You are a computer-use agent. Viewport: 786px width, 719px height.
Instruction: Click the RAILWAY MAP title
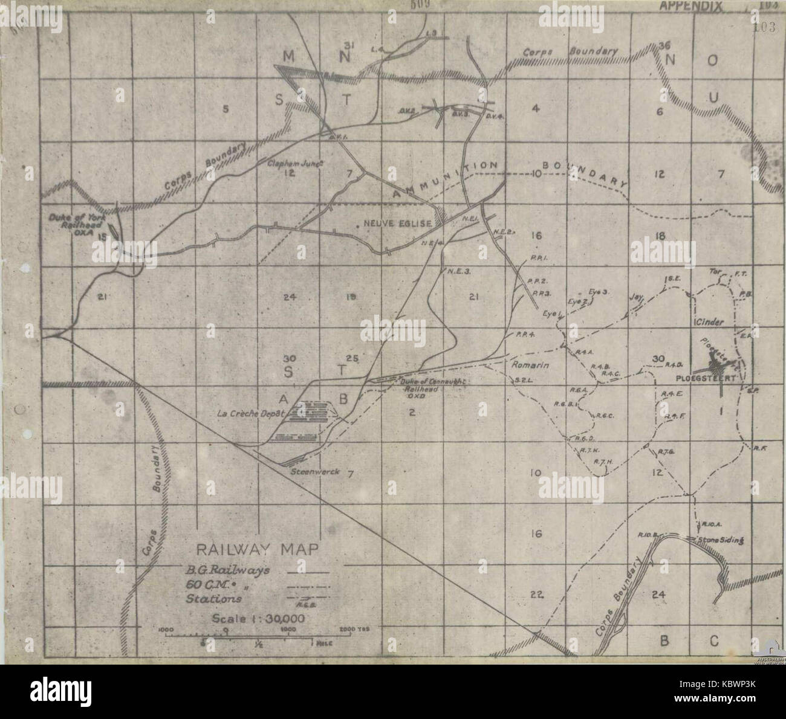coord(256,550)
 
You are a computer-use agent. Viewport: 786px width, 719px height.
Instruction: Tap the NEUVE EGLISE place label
coord(397,224)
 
